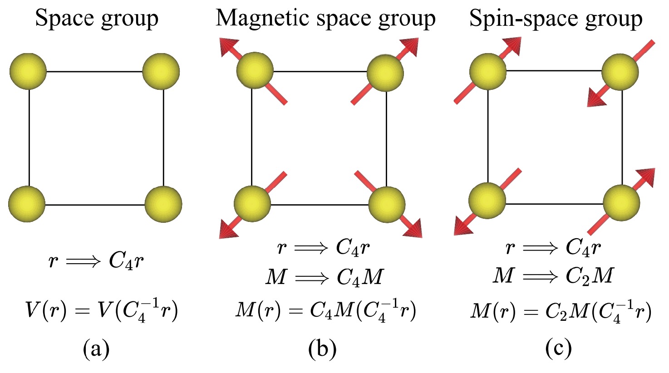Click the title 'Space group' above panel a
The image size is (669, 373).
click(x=97, y=19)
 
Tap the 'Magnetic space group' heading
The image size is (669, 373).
click(x=325, y=19)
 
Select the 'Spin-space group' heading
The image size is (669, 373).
click(x=556, y=19)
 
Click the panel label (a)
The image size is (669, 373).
click(x=96, y=349)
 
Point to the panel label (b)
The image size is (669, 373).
click(x=322, y=349)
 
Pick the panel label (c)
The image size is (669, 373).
click(x=558, y=349)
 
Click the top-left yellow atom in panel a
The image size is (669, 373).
click(x=28, y=71)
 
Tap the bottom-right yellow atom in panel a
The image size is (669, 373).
click(x=163, y=204)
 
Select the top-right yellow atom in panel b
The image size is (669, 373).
click(x=385, y=72)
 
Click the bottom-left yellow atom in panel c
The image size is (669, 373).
click(x=487, y=201)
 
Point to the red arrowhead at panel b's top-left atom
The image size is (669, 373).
click(x=227, y=47)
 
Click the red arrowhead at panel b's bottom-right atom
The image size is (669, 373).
click(x=413, y=229)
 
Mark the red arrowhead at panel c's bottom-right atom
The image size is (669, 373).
click(x=646, y=176)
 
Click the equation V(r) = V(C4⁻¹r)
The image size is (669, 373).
click(x=101, y=312)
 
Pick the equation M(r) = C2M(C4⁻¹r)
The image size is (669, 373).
click(x=561, y=312)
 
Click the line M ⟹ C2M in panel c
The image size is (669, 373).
click(x=554, y=275)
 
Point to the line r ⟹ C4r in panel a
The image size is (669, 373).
click(x=97, y=262)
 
